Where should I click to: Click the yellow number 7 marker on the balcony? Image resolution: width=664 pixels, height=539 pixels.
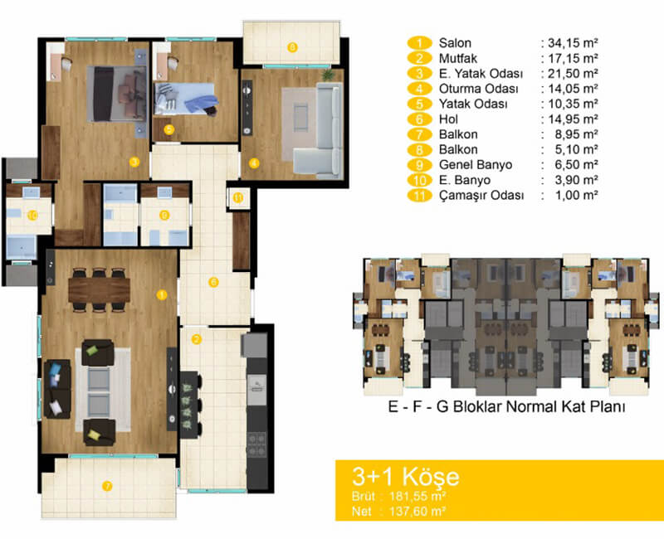pyautogui.click(x=108, y=486)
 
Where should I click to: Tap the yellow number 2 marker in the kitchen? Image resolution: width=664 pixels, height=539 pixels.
pyautogui.click(x=196, y=339)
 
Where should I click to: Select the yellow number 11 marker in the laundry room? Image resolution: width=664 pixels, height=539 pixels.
pyautogui.click(x=238, y=197)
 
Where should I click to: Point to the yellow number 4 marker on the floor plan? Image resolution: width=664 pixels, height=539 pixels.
pyautogui.click(x=254, y=163)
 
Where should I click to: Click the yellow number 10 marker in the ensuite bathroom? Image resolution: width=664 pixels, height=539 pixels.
pyautogui.click(x=32, y=216)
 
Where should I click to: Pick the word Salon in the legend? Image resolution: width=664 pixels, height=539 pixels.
pyautogui.click(x=455, y=43)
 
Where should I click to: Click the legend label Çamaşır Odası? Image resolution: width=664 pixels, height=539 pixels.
pyautogui.click(x=481, y=196)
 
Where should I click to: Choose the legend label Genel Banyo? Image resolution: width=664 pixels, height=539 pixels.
pyautogui.click(x=476, y=165)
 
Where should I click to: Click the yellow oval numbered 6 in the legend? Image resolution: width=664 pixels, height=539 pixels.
pyautogui.click(x=419, y=119)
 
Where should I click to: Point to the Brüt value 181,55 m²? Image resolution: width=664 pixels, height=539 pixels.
pyautogui.click(x=417, y=496)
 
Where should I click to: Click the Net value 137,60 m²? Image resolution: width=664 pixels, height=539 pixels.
pyautogui.click(x=417, y=512)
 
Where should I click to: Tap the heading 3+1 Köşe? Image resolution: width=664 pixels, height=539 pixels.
pyautogui.click(x=406, y=476)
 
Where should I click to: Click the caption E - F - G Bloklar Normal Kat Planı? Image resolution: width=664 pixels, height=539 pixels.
pyautogui.click(x=506, y=406)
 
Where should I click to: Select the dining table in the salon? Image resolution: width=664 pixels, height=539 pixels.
pyautogui.click(x=100, y=289)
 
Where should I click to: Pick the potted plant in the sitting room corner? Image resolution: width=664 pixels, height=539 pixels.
pyautogui.click(x=327, y=75)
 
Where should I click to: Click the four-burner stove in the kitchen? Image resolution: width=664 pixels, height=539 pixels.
pyautogui.click(x=256, y=444)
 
